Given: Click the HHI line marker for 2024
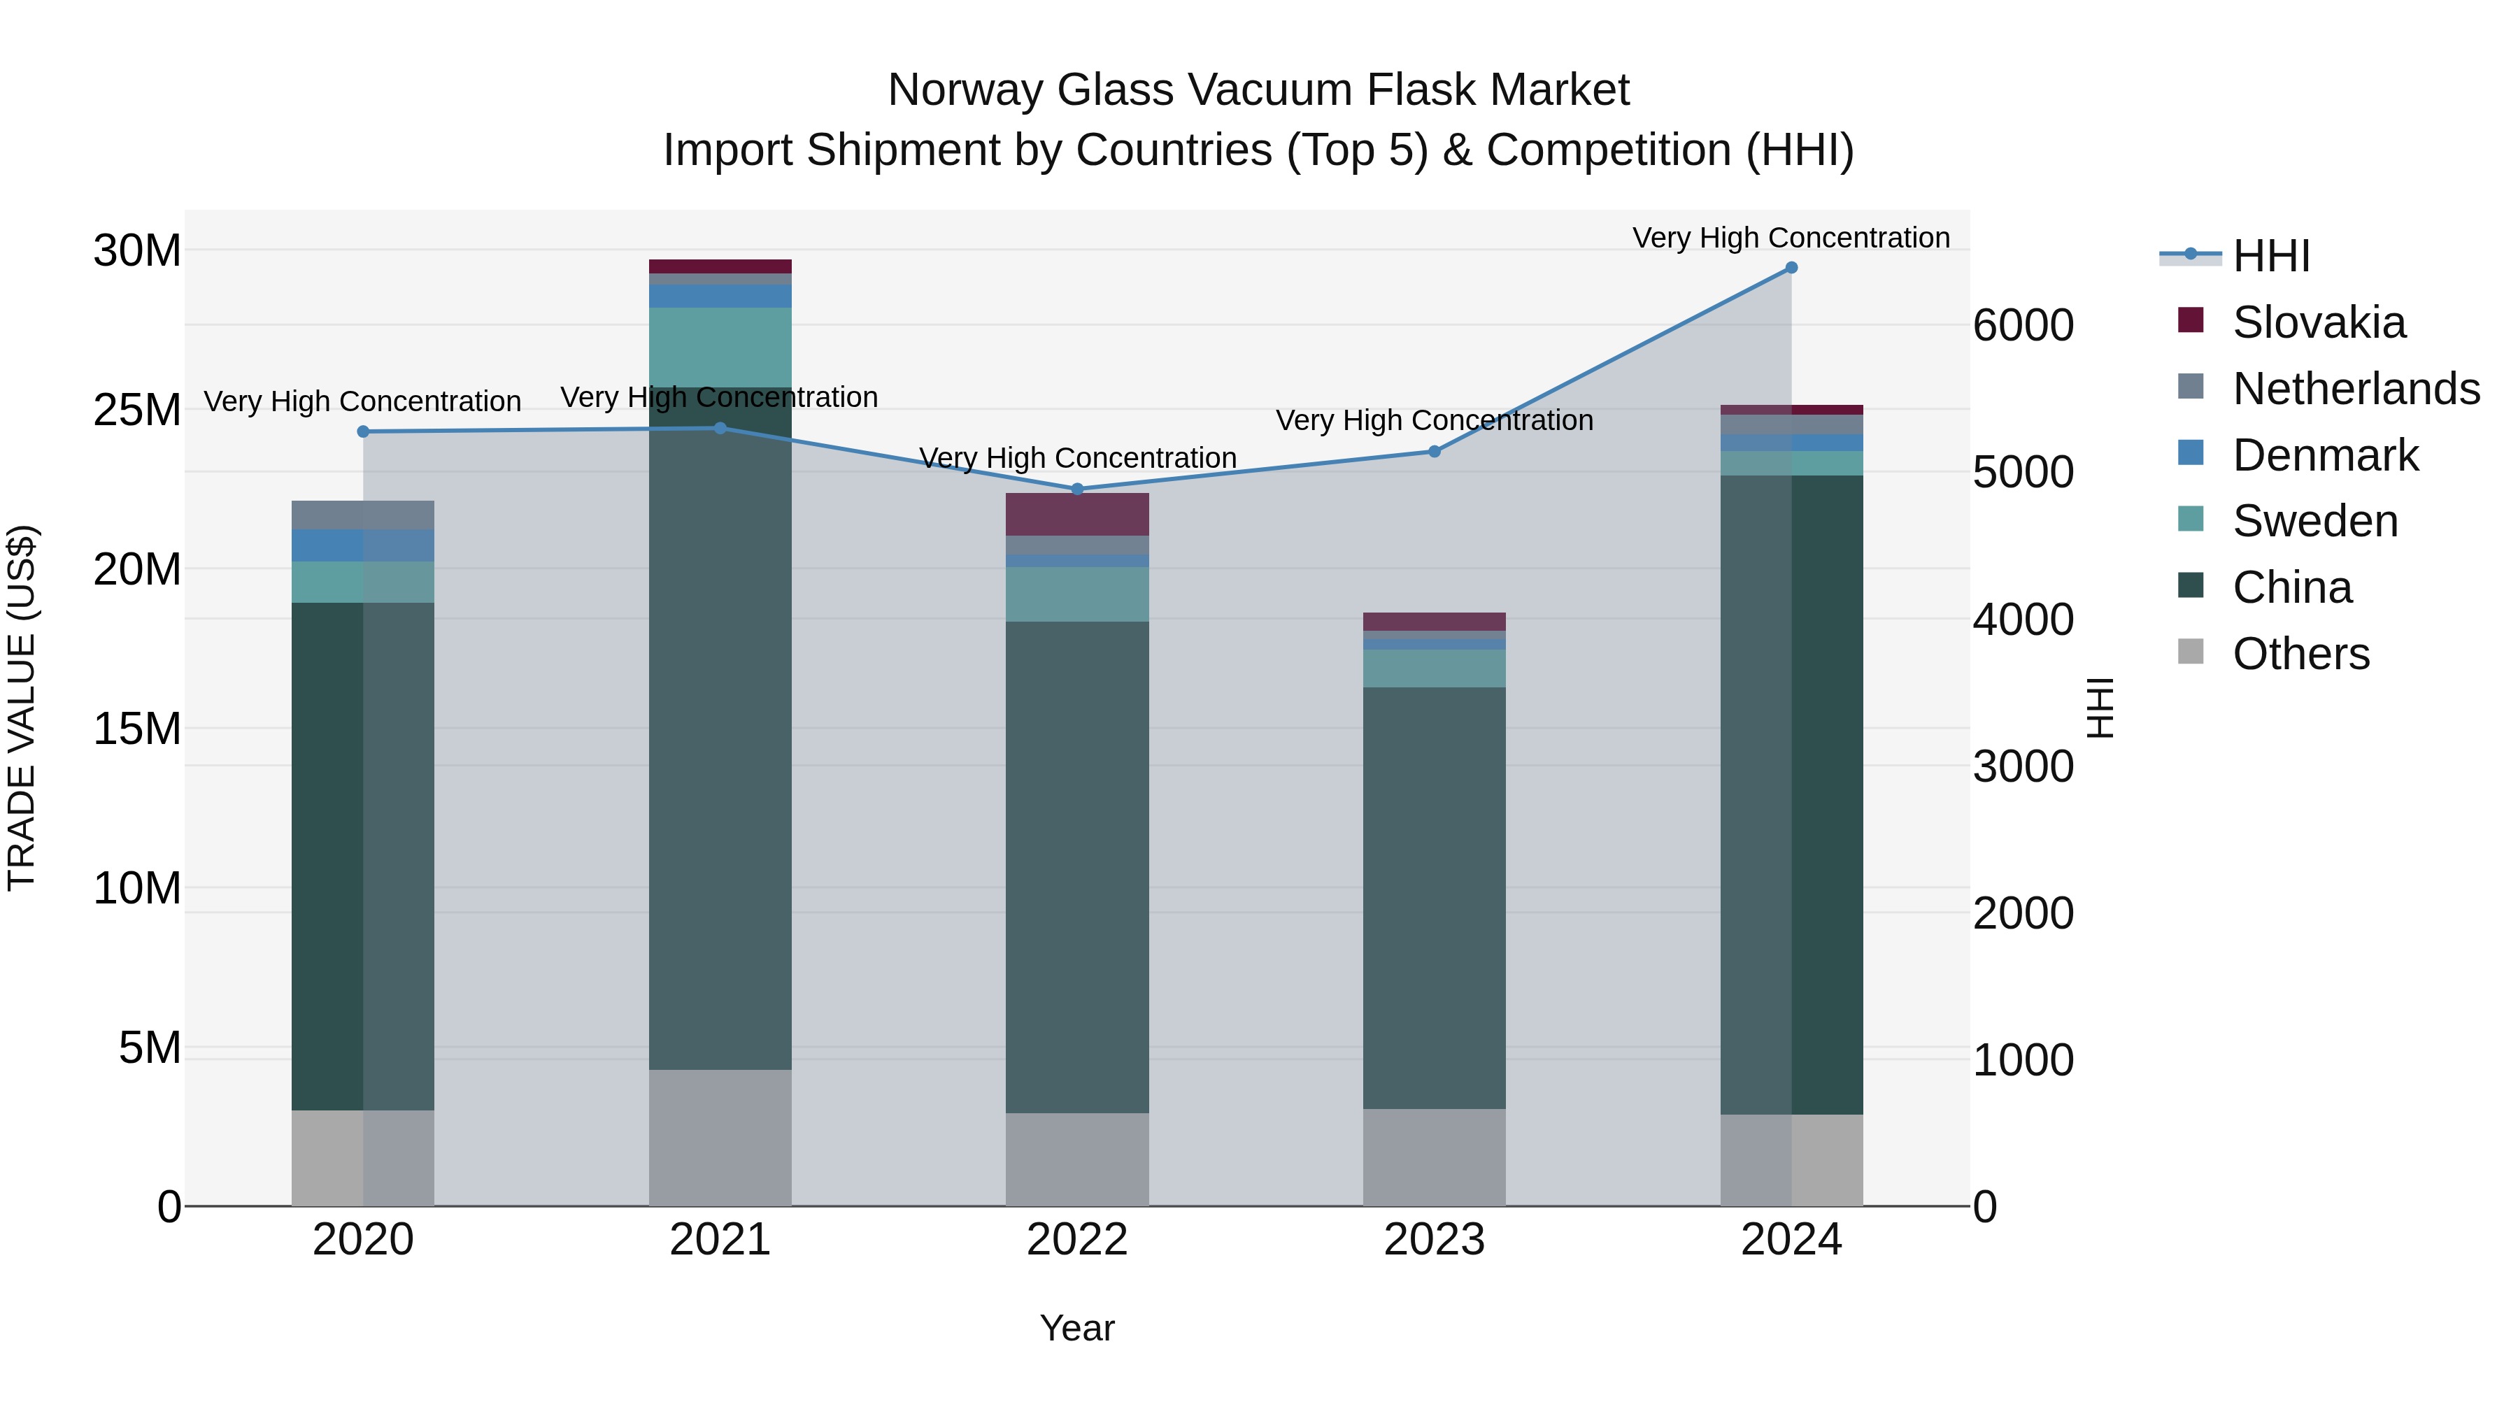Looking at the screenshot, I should pyautogui.click(x=1791, y=268).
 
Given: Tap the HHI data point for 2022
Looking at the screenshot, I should pyautogui.click(x=1077, y=489).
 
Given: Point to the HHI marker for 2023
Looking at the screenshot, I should pyautogui.click(x=1434, y=452).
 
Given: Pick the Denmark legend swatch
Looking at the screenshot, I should pyautogui.click(x=2191, y=453).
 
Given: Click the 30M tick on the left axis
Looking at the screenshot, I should pyautogui.click(x=137, y=251).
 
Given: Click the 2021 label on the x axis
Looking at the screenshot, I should pyautogui.click(x=720, y=1240).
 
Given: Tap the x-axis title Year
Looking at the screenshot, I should pyautogui.click(x=1076, y=1328).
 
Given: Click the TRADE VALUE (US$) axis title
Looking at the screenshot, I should pyautogui.click(x=22, y=708).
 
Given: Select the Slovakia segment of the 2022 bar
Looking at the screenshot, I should pyautogui.click(x=1077, y=514).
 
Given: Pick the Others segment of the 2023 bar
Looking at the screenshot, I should pyautogui.click(x=1434, y=1157).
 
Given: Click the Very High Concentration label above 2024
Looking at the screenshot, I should pyautogui.click(x=1791, y=238).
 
